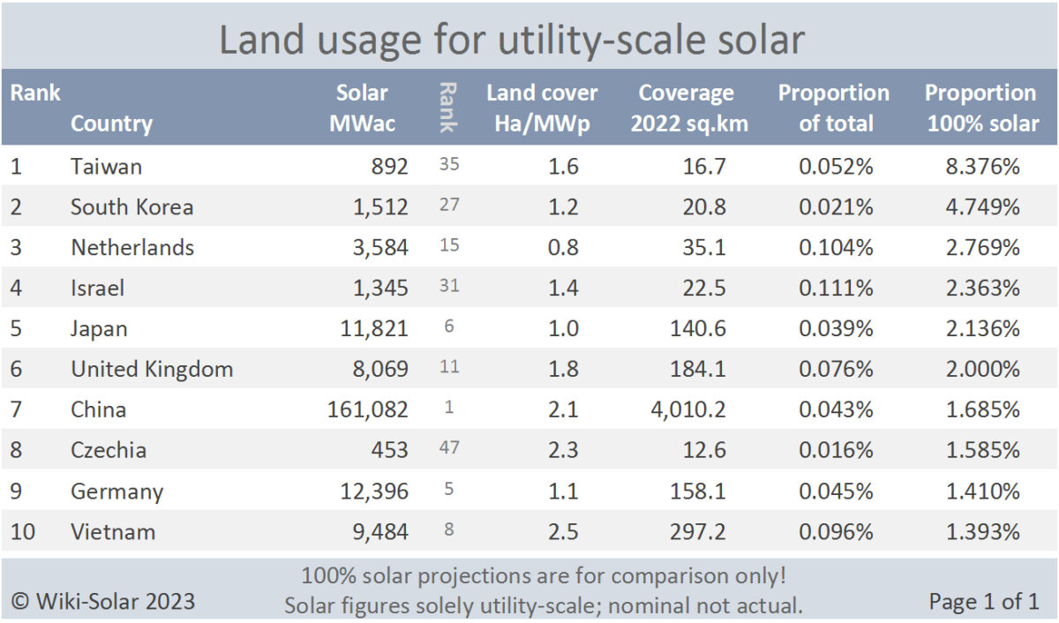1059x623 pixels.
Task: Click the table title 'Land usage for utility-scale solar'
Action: tap(511, 41)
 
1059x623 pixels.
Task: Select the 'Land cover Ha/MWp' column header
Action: tap(542, 108)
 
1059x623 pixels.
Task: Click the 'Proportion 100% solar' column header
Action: tap(981, 108)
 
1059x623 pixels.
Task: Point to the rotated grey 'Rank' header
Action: tap(448, 108)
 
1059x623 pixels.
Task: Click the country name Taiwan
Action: tap(106, 167)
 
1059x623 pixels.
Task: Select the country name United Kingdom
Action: tap(152, 369)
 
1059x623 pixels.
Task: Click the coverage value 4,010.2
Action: tap(684, 409)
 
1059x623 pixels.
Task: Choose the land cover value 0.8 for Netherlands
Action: tap(563, 247)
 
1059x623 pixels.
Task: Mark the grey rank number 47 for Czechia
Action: tap(449, 450)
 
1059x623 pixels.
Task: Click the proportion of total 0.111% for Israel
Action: tap(836, 288)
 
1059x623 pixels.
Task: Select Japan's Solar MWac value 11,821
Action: tap(374, 328)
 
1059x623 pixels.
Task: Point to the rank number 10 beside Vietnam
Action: tap(24, 531)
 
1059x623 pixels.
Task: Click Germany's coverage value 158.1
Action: tap(699, 491)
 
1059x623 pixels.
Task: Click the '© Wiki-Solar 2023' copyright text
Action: tap(103, 602)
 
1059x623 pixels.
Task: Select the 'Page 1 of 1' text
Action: tap(983, 602)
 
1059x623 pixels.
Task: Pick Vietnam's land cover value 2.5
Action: tap(563, 531)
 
